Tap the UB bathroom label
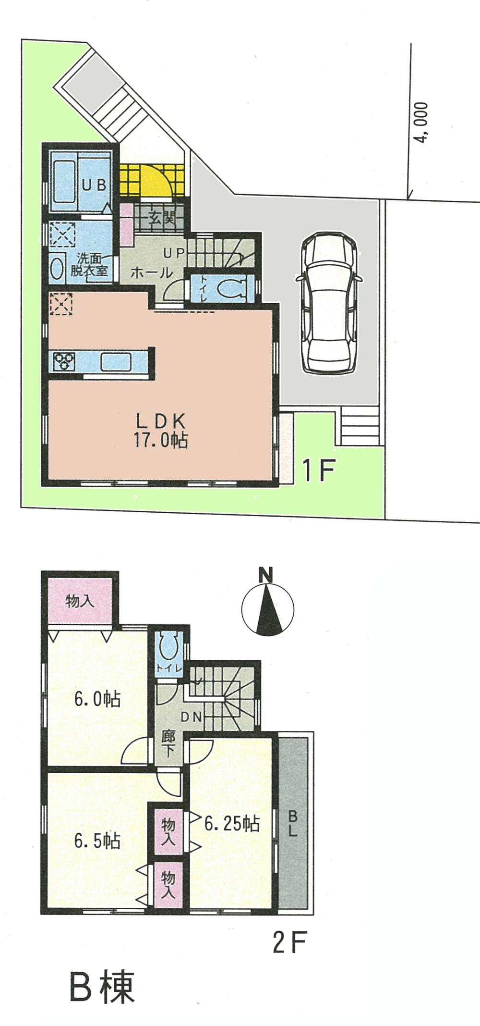point(94,185)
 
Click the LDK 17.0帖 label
point(160,431)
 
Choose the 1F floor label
point(317,471)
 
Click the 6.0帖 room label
point(96,699)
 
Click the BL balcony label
point(292,824)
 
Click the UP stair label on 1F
point(174,253)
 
